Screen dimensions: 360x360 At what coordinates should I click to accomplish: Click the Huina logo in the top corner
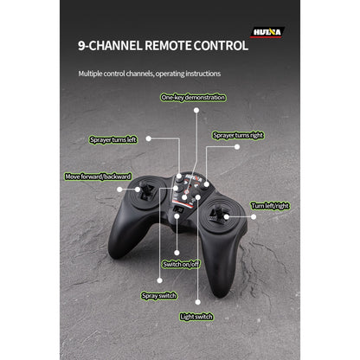click(x=267, y=32)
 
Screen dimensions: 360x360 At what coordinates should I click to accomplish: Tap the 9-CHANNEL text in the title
click(x=110, y=46)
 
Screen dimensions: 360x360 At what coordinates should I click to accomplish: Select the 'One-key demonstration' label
click(x=193, y=98)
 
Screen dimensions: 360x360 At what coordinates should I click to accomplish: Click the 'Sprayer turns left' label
click(x=113, y=140)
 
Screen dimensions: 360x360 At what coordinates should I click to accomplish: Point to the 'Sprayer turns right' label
click(x=238, y=135)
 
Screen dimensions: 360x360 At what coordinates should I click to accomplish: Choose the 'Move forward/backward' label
click(x=98, y=177)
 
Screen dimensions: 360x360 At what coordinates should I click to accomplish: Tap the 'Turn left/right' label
click(x=270, y=206)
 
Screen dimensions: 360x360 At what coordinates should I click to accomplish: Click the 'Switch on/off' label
click(x=181, y=264)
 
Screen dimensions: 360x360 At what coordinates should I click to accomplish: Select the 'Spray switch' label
click(x=159, y=296)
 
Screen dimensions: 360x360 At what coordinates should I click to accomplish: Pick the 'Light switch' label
click(x=196, y=317)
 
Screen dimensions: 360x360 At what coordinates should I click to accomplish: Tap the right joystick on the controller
click(x=219, y=215)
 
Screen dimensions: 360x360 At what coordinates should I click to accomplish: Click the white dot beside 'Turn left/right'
click(x=254, y=216)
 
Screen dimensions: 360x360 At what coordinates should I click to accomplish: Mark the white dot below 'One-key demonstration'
click(x=196, y=110)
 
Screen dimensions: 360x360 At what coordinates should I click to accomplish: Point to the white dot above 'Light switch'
click(x=197, y=302)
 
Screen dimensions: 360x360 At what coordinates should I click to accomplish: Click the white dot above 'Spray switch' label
click(x=159, y=280)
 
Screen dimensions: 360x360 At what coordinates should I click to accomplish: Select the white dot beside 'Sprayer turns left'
click(x=149, y=138)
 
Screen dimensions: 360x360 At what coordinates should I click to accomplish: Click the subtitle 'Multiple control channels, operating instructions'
click(x=150, y=74)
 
